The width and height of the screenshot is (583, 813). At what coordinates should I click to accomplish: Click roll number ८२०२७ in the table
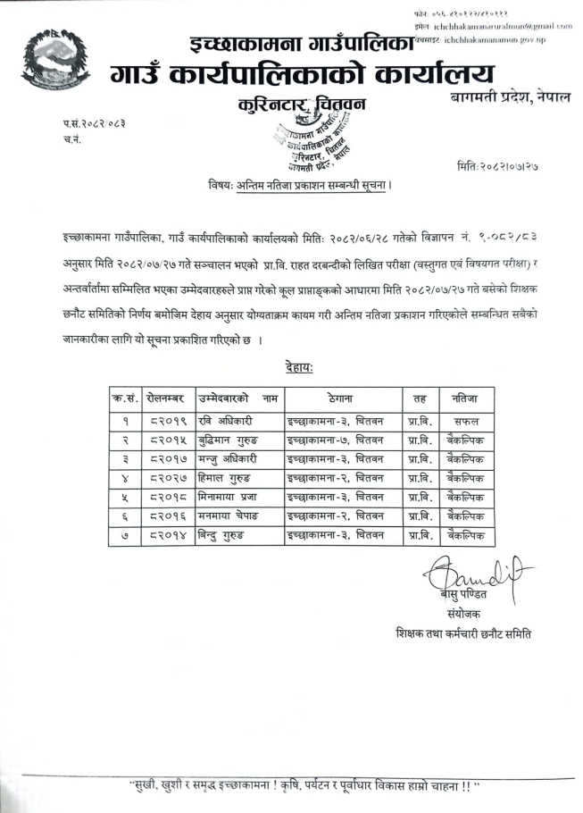[x=165, y=478]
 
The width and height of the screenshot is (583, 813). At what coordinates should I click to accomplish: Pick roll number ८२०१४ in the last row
[x=165, y=536]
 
